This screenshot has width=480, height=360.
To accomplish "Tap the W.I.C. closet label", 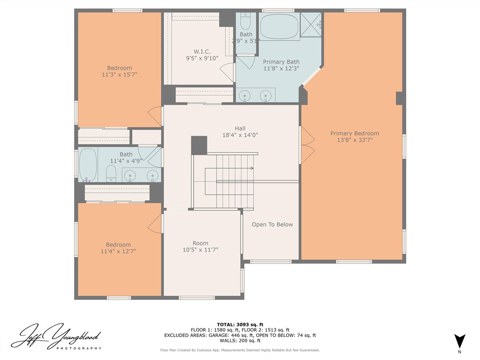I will pos(202,52).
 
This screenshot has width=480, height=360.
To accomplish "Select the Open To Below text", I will pos(272,225).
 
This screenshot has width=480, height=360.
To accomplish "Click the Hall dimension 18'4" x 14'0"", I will pos(240,135).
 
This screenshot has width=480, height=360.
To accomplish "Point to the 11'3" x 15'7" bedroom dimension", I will pos(120,75).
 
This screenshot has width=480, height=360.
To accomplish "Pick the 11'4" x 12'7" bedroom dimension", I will pos(118,251).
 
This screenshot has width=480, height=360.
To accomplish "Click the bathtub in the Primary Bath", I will pos(279,27).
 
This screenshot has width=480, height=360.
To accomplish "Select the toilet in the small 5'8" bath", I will pos(246,22).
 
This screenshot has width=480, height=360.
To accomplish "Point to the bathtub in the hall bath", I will pos(88,165).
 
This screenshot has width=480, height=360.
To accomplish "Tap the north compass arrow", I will pos(459,341).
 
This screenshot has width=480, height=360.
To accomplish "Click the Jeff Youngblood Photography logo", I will pos(56,337).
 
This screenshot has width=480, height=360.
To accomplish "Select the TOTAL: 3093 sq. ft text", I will pos(240,324).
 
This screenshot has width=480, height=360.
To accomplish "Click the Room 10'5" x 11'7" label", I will pos(201,247).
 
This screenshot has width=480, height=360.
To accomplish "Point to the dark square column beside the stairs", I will pos(199,145).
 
